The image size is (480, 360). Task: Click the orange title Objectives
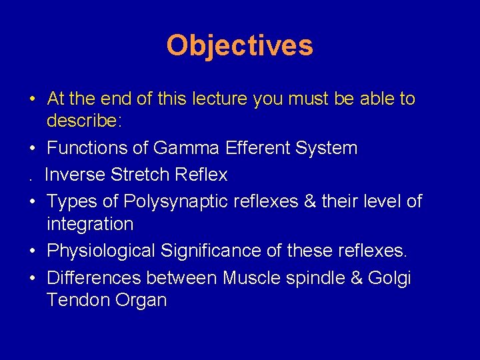pyautogui.click(x=239, y=46)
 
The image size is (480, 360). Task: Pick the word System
pyautogui.click(x=330, y=148)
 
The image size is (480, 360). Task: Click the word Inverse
pyautogui.click(x=75, y=175)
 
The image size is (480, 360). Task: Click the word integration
pyautogui.click(x=90, y=224)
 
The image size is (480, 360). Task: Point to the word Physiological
pyautogui.click(x=101, y=251)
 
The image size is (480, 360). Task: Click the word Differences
pyautogui.click(x=94, y=277)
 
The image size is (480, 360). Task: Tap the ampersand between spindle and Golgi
pyautogui.click(x=356, y=277)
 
